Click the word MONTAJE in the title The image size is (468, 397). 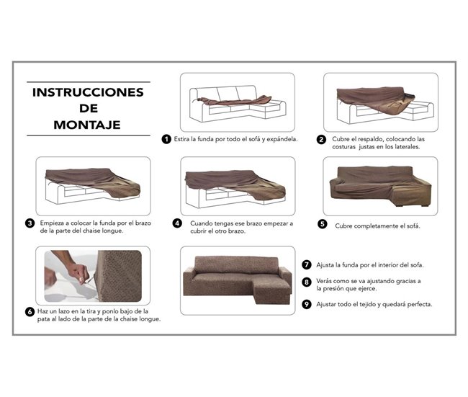89,125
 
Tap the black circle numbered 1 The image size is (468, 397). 166,139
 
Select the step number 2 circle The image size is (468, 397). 321,140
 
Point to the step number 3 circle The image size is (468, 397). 30,223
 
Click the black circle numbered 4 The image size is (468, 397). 177,223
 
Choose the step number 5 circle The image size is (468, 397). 322,224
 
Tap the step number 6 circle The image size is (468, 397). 30,312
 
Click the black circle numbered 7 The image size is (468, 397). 307,264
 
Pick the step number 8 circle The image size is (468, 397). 307,282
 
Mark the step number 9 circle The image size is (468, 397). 307,304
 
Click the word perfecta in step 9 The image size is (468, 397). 418,304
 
